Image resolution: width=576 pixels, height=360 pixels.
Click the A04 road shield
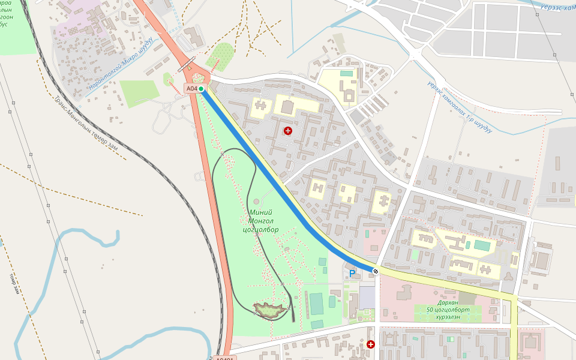tap(191, 89)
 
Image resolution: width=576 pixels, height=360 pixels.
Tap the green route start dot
tap(202, 89)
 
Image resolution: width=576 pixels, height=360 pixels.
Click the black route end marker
tap(376, 272)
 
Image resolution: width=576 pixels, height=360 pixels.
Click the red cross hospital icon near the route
tap(288, 130)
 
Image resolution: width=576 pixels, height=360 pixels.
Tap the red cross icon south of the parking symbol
tap(371, 344)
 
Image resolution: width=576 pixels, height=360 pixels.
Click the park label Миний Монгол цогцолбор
tap(261, 221)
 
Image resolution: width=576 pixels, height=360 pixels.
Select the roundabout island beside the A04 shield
tap(197, 77)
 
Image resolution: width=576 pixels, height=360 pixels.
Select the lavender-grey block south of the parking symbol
tap(367, 297)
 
